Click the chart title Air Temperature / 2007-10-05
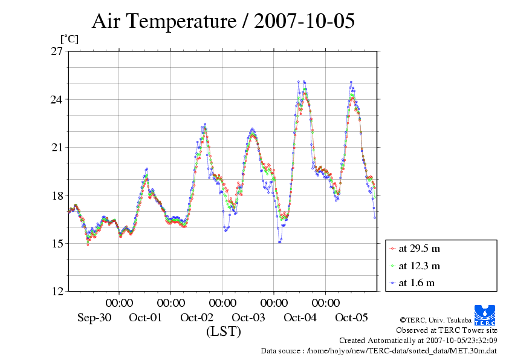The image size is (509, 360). tap(223, 22)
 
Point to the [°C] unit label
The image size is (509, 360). tap(68, 39)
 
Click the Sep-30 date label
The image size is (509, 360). tap(94, 317)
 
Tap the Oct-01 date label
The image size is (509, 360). tap(146, 317)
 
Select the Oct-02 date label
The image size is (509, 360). tap(197, 317)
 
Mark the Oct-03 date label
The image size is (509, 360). tap(248, 317)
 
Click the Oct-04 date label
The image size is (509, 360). tap(300, 317)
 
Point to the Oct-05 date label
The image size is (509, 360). tap(351, 317)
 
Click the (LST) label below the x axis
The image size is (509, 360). tap(223, 332)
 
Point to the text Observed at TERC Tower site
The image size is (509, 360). tap(447, 330)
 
